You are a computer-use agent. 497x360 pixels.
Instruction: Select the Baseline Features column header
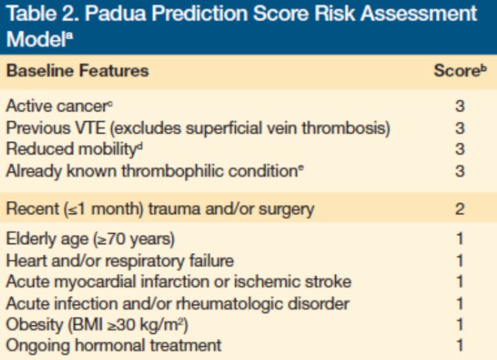point(77,71)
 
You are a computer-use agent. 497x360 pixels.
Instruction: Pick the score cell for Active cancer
point(459,107)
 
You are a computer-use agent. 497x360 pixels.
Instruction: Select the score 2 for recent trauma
point(459,208)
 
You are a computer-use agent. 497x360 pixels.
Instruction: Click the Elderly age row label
point(90,240)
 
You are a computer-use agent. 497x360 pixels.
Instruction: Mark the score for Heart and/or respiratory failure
point(459,261)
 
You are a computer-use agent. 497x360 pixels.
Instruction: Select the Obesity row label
point(97,323)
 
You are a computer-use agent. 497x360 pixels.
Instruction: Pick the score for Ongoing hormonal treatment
point(459,344)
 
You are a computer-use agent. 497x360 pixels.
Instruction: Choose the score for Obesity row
point(459,323)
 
